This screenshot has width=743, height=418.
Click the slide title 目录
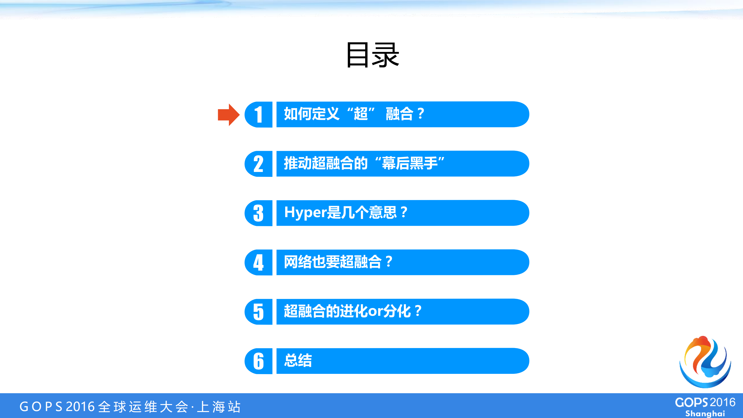[x=372, y=55]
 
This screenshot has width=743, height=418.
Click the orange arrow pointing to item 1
[x=228, y=115]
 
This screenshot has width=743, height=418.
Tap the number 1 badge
[x=258, y=115]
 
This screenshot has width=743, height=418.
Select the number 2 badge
[x=258, y=164]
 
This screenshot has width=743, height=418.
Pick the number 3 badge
[x=258, y=213]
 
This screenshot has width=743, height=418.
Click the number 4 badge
[x=258, y=263]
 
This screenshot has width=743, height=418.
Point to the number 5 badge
[x=258, y=312]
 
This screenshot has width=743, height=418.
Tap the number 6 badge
[x=258, y=361]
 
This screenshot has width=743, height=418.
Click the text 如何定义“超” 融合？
[x=354, y=114]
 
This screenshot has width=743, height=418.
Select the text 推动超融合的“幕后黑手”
[x=364, y=163]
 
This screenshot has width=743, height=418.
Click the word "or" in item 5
[x=376, y=311]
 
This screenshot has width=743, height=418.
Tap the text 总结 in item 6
[x=298, y=360]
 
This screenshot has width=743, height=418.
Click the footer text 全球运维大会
[x=143, y=407]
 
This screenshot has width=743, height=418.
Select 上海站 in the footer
[x=219, y=407]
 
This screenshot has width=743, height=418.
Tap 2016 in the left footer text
[x=80, y=407]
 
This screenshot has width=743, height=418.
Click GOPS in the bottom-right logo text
[x=691, y=403]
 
